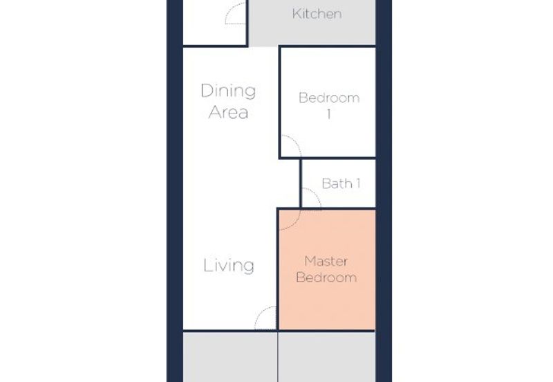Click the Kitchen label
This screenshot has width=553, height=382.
(317, 14)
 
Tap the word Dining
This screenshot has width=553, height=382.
(228, 91)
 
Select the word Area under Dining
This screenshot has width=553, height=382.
(228, 112)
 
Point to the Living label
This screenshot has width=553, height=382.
(229, 265)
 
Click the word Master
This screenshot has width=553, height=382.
(326, 262)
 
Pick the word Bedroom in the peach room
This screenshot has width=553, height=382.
(326, 278)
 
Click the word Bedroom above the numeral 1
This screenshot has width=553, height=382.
(329, 98)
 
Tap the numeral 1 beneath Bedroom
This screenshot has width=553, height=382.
(329, 114)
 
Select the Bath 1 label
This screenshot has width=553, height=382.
(341, 183)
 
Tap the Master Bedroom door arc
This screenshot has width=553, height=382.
(294, 224)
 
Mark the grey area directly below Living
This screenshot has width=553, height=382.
(230, 357)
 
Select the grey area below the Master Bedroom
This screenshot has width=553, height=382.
(327, 357)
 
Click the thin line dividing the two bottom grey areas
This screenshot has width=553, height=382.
(278, 357)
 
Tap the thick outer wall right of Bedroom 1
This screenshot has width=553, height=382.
(384, 102)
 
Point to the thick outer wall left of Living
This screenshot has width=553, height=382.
(175, 265)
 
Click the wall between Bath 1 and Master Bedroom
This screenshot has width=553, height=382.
(338, 209)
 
